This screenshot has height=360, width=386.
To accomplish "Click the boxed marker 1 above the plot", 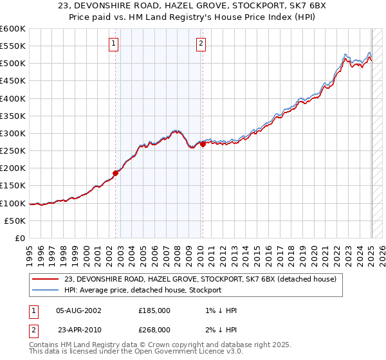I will click(113, 44).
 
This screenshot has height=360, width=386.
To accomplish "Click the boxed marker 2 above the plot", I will click(201, 44).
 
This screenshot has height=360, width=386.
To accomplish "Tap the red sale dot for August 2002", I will click(116, 173).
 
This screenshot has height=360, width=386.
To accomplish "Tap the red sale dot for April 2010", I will click(203, 145).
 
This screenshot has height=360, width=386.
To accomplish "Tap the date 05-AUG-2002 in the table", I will click(78, 310).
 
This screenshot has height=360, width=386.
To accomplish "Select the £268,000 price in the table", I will click(154, 329).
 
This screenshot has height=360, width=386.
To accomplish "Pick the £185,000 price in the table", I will click(154, 310).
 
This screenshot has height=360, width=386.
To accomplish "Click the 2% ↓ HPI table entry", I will click(222, 329).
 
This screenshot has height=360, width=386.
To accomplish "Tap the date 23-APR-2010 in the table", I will click(78, 329).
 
